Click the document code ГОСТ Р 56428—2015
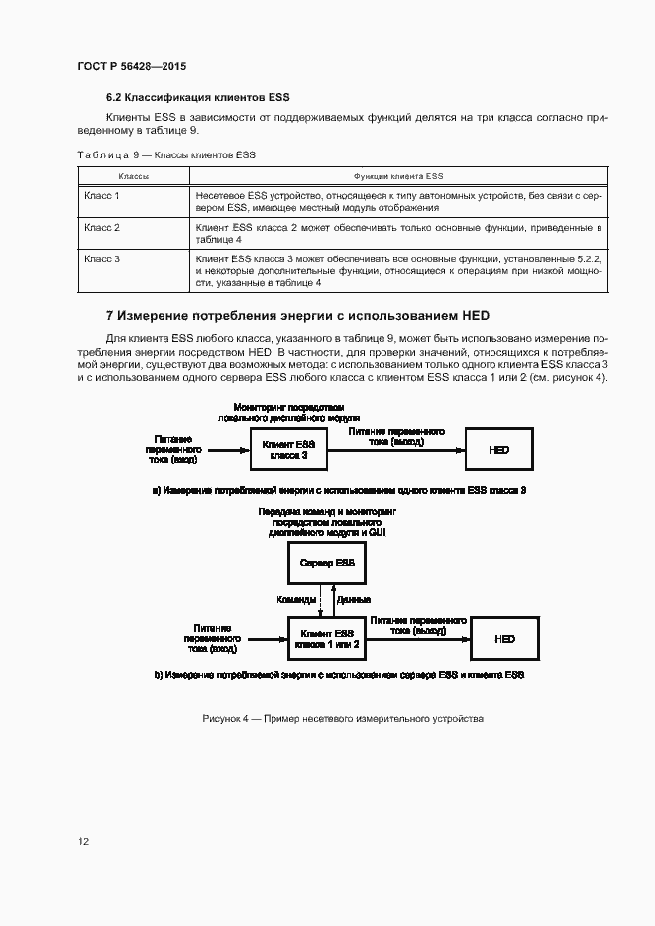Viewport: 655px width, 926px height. [x=131, y=66]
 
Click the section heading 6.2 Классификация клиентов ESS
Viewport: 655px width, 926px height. [x=197, y=97]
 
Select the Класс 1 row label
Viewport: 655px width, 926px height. [x=102, y=196]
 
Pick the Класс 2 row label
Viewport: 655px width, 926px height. [x=102, y=228]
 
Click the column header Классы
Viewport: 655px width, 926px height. [x=134, y=175]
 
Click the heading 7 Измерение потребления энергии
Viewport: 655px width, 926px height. [x=297, y=316]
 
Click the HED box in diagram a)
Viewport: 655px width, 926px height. [x=499, y=449]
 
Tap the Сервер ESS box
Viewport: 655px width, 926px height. [x=326, y=563]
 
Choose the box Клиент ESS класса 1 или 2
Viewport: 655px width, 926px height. [x=326, y=638]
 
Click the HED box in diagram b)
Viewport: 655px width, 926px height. [x=504, y=639]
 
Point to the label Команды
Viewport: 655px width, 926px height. [x=298, y=600]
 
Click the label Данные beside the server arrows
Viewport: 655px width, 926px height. [x=354, y=600]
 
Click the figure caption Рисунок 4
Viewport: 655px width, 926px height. [x=342, y=718]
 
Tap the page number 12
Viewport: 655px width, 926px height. [x=84, y=841]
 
